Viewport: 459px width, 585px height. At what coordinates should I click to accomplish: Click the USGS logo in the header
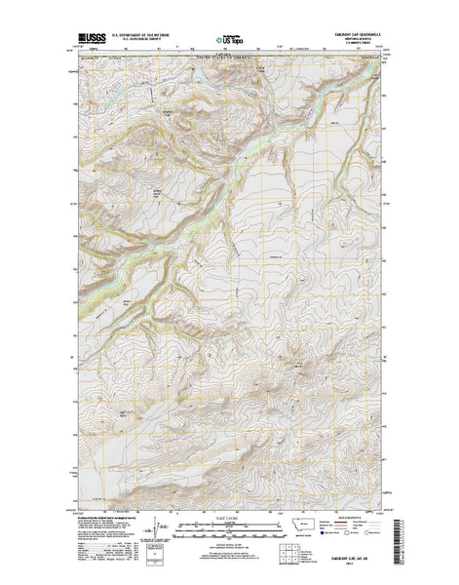click(91, 39)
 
